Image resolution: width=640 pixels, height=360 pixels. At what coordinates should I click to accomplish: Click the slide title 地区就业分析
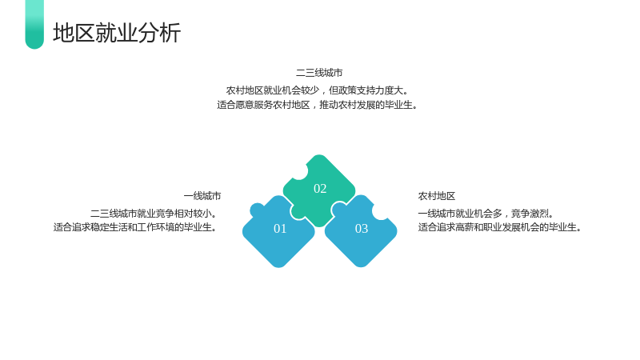click(117, 33)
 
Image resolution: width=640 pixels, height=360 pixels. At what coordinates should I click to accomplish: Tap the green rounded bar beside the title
click(34, 25)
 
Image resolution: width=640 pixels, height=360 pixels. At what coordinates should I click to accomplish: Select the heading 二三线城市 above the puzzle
click(319, 73)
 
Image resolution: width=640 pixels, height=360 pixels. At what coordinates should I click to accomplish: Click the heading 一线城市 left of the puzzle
click(202, 196)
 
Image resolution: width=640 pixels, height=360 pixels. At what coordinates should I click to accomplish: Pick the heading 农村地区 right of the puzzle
click(437, 196)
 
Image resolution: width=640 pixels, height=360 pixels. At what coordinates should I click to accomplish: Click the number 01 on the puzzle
click(280, 229)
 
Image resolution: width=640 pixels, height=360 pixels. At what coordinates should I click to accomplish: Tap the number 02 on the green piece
click(320, 189)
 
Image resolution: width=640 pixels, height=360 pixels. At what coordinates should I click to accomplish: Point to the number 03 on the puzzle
click(362, 229)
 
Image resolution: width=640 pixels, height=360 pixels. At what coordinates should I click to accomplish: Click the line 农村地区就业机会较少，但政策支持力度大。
click(318, 90)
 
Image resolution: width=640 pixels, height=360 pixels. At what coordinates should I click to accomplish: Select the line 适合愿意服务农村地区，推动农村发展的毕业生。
click(318, 105)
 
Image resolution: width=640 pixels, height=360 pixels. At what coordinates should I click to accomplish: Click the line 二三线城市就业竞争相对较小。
click(154, 214)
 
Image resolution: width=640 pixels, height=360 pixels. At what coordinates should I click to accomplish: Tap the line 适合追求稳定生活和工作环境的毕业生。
click(135, 227)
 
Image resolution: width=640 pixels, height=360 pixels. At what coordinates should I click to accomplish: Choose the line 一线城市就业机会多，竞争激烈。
click(486, 214)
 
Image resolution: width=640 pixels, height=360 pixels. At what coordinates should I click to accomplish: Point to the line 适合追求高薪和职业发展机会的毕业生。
click(500, 227)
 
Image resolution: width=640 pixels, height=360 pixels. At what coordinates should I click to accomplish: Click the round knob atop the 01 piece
click(257, 210)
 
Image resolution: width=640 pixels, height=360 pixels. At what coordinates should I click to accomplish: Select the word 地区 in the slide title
click(74, 33)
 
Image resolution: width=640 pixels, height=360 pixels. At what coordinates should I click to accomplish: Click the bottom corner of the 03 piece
click(361, 267)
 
